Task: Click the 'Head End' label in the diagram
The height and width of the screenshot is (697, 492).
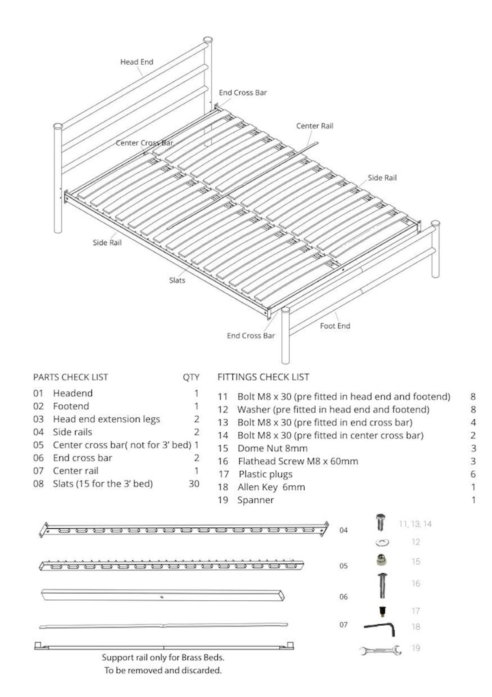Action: click(137, 62)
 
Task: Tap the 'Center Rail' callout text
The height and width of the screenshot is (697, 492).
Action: click(314, 126)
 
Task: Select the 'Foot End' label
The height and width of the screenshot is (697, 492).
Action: click(335, 326)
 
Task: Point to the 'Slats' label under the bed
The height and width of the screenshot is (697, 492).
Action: click(177, 280)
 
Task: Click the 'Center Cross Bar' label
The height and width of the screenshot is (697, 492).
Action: click(144, 143)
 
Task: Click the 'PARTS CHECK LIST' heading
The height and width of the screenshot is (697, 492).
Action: click(71, 377)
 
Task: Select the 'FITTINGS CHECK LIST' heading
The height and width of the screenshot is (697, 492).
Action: click(263, 377)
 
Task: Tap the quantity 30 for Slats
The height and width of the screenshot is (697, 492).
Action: click(194, 484)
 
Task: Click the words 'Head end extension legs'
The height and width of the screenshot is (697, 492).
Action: click(106, 419)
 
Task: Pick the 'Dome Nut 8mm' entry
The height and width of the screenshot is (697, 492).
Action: click(272, 448)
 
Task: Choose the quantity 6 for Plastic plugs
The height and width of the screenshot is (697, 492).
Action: click(473, 474)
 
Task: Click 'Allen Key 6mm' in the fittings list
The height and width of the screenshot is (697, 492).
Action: click(271, 487)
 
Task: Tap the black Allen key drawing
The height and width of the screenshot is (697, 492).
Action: click(381, 627)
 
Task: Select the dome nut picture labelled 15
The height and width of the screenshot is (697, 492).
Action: click(382, 561)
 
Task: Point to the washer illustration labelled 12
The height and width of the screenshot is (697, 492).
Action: click(382, 543)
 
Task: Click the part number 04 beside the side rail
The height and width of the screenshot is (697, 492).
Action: click(343, 530)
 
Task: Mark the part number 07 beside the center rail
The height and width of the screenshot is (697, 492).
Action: click(343, 624)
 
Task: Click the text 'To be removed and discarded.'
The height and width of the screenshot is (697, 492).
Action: click(162, 671)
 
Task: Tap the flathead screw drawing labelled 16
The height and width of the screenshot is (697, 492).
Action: click(382, 585)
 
